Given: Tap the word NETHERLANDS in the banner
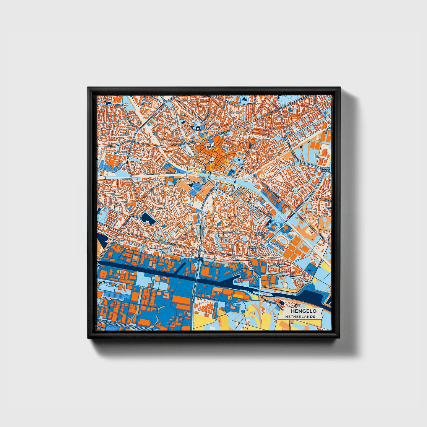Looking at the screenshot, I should point(300,316).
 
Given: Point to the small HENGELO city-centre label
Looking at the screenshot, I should point(210,147).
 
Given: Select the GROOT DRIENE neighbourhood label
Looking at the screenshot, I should point(326,170).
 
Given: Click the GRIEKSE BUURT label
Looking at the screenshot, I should point(261,233).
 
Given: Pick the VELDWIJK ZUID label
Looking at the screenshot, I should point(278,265).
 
